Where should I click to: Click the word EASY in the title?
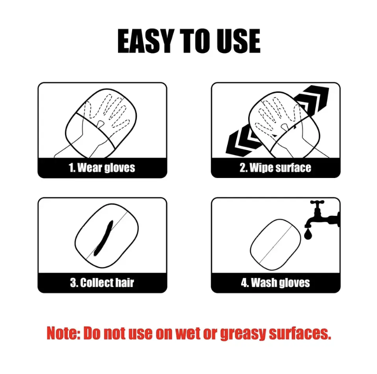[x=146, y=41]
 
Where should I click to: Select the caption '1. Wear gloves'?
[x=102, y=168]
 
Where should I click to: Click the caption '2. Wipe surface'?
[x=275, y=168]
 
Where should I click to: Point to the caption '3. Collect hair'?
[x=102, y=283]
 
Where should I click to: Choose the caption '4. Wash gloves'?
[x=275, y=283]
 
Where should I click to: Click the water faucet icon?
[x=323, y=214]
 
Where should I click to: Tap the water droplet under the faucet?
[x=308, y=234]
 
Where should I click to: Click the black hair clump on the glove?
[x=104, y=238]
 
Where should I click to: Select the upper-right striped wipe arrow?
[x=313, y=98]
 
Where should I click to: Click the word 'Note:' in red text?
[x=63, y=333]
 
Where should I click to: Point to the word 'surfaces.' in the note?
[x=300, y=333]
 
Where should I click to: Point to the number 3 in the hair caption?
[x=72, y=283]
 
